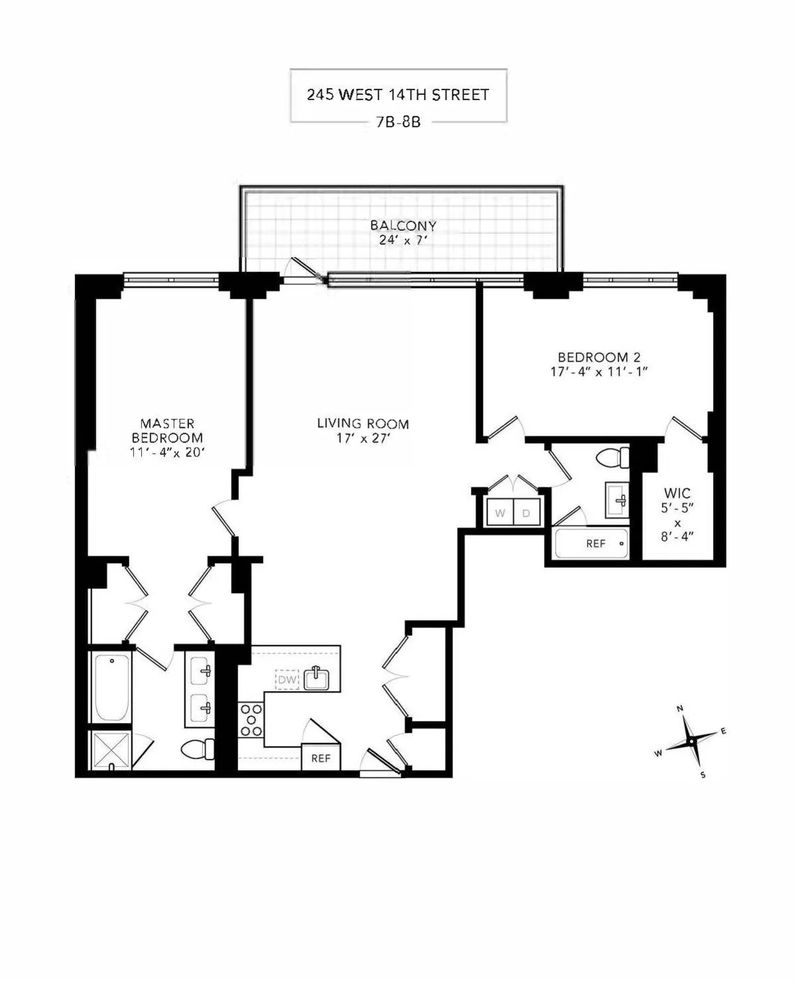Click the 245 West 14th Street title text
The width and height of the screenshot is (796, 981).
point(398,94)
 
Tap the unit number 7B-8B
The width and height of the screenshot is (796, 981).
point(398,122)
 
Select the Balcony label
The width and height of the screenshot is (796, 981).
point(403,226)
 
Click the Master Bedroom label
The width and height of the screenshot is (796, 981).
point(167,430)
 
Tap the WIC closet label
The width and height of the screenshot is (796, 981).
point(677,493)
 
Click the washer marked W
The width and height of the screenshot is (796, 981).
point(500,513)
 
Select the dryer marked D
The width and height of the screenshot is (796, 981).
point(526,513)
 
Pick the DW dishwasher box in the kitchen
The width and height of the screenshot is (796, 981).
point(287,679)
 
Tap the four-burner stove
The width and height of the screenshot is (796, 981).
point(251,720)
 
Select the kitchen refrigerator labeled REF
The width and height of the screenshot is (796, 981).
point(320,757)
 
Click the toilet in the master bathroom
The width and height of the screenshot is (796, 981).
point(198,750)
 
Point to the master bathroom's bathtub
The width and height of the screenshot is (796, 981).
point(111,687)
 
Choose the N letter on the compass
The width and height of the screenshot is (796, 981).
point(680,708)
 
